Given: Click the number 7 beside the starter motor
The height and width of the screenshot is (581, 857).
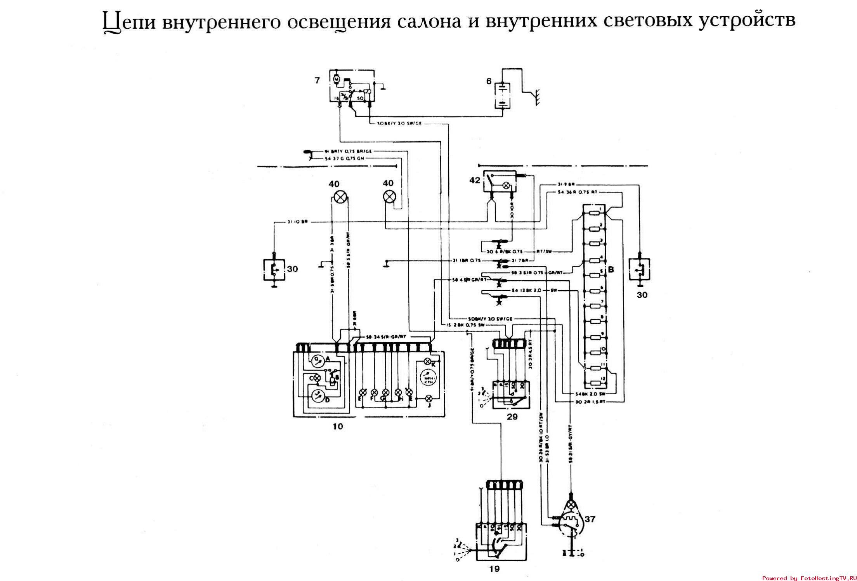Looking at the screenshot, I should pos(317,80).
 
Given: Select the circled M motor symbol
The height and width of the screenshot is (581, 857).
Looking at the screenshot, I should pos(337,80).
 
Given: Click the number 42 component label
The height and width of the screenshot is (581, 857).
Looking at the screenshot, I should pos(475,180).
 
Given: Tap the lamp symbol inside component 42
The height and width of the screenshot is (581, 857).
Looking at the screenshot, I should pos(506,186).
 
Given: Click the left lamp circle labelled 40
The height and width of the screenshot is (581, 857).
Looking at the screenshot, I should pos(340,197).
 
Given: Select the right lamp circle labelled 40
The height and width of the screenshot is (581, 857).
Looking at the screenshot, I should pos(389,197).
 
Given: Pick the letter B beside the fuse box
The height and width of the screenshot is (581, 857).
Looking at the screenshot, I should pos(611,269).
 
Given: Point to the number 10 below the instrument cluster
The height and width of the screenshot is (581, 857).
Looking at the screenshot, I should pos(338,427).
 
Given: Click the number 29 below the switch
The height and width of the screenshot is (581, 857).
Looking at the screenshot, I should pos(512,417).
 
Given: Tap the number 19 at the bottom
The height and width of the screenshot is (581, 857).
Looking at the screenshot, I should pos(494,569).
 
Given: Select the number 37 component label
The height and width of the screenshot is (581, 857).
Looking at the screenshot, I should pos(590,519).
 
